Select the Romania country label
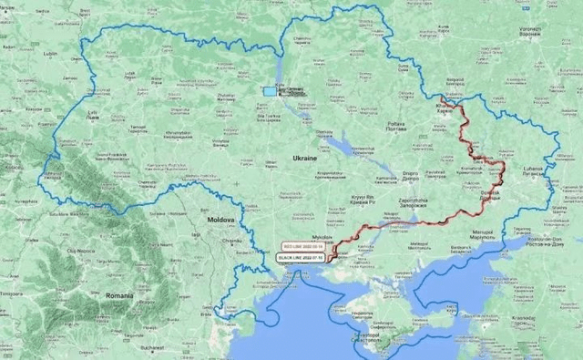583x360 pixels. coord(118,296)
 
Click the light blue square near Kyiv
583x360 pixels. coord(270,90)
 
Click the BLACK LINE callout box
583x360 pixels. coord(300,259)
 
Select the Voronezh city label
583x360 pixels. coord(530,30)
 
